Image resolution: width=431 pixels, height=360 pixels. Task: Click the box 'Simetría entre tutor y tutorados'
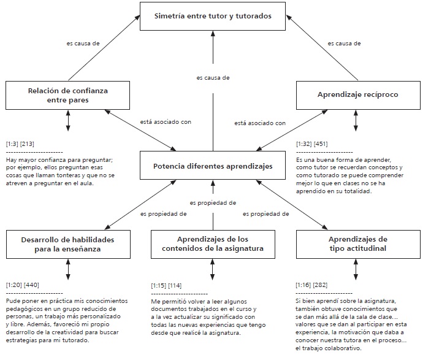pos(213,16)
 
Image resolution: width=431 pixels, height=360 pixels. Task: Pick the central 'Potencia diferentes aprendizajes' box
pos(213,167)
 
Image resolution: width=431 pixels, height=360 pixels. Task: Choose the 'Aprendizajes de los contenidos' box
pos(213,243)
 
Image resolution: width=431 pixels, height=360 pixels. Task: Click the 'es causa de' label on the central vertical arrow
pos(213,78)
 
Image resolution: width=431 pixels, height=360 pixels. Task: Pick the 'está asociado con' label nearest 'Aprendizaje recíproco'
pos(260,123)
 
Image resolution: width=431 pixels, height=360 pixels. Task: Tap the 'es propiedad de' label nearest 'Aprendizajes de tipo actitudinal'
pos(265,214)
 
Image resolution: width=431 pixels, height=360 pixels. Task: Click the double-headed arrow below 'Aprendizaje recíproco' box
pos(356,120)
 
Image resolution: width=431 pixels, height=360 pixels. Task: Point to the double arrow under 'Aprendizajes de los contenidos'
pos(213,268)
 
